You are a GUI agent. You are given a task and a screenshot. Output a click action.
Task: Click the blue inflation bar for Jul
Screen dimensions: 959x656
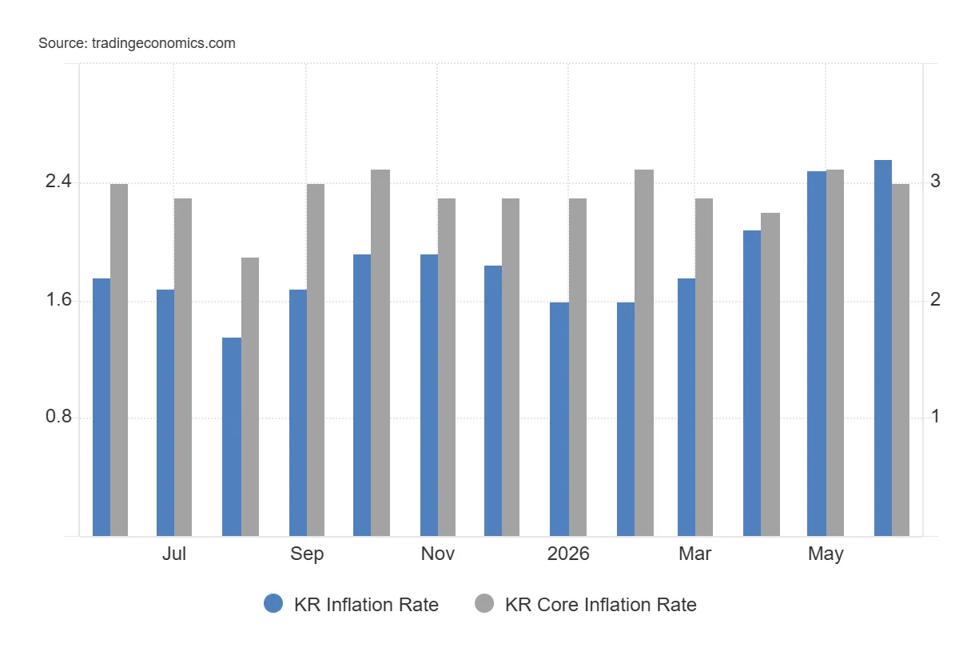165,413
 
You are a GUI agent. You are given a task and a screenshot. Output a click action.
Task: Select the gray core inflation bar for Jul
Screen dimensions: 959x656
183,367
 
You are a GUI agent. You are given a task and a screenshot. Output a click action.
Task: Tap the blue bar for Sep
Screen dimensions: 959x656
298,413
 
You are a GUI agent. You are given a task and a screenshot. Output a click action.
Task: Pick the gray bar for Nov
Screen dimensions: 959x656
447,367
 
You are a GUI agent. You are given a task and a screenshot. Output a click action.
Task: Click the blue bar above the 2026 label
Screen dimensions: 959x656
559,419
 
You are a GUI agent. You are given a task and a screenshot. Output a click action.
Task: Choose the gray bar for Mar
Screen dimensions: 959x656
704,367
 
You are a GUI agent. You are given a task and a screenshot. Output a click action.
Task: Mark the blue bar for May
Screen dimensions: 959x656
817,354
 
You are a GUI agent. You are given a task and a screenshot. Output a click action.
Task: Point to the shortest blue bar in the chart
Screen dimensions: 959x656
232,437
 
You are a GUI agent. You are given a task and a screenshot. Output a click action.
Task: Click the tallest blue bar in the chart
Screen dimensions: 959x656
883,348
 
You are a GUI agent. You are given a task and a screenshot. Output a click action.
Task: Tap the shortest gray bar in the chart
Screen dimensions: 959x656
250,397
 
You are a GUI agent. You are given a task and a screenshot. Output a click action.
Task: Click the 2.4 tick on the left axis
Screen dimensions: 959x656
58,182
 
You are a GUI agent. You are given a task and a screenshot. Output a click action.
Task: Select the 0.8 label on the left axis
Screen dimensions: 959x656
58,416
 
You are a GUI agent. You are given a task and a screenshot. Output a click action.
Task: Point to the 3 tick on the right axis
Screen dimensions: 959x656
936,182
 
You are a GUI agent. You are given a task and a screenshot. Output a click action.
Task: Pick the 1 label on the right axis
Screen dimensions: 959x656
936,416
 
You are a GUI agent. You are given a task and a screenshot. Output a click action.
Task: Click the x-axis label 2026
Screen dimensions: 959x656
568,554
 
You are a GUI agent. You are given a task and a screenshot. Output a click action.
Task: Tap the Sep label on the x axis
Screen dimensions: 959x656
307,554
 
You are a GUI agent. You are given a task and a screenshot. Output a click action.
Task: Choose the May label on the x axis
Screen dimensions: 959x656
826,554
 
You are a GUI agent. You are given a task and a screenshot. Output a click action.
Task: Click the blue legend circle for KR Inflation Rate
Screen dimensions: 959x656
273,603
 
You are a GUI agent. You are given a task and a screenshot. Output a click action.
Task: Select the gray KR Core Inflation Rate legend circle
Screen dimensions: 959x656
484,603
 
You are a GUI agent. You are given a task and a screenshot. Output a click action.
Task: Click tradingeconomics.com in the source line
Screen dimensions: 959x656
164,43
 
